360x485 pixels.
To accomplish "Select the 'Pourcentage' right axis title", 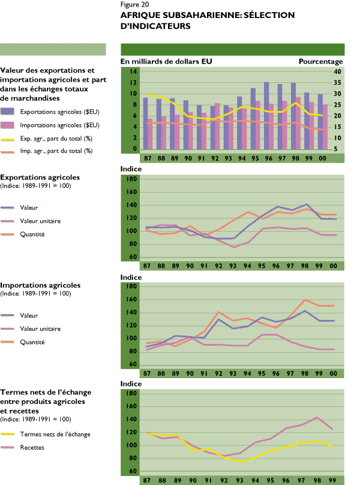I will click(320, 61).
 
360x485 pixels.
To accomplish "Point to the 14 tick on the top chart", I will click(134, 71).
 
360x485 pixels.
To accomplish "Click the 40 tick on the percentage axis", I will click(337, 71).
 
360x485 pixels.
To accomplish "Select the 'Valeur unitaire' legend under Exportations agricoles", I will click(40, 220).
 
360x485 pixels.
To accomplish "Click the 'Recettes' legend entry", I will click(32, 447).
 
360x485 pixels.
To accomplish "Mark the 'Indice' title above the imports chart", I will click(131, 277).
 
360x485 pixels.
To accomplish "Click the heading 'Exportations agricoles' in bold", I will click(40, 178).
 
